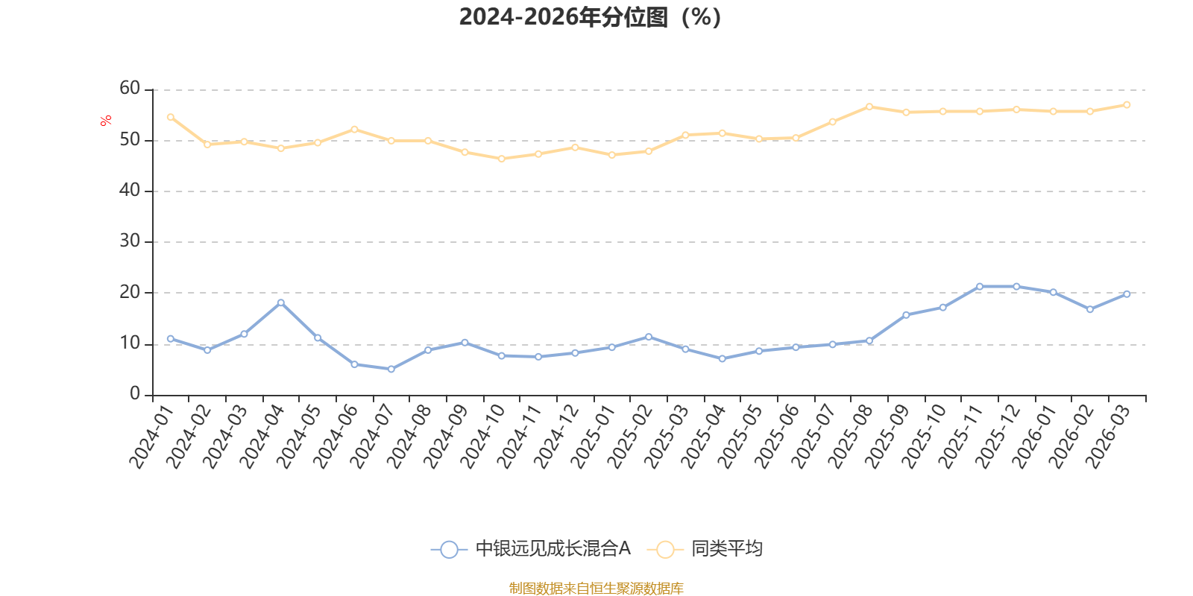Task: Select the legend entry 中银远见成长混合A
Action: [530, 548]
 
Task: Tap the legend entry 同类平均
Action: [705, 548]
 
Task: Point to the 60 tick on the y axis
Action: [130, 89]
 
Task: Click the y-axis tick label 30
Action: [130, 241]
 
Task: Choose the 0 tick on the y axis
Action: [135, 394]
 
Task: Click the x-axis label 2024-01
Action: [152, 437]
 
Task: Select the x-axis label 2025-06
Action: [777, 437]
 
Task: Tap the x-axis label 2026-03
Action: [1108, 437]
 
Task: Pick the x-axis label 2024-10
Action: [482, 437]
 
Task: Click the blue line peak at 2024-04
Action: [280, 302]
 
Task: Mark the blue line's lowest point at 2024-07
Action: [391, 369]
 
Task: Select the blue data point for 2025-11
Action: [980, 286]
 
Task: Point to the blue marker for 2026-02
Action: [1090, 309]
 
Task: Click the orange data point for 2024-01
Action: [171, 117]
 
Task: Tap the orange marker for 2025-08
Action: [869, 107]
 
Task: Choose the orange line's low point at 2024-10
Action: [502, 159]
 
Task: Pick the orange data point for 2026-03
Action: [1127, 105]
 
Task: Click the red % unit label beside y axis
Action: [105, 121]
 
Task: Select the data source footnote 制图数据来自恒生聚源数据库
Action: [596, 588]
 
